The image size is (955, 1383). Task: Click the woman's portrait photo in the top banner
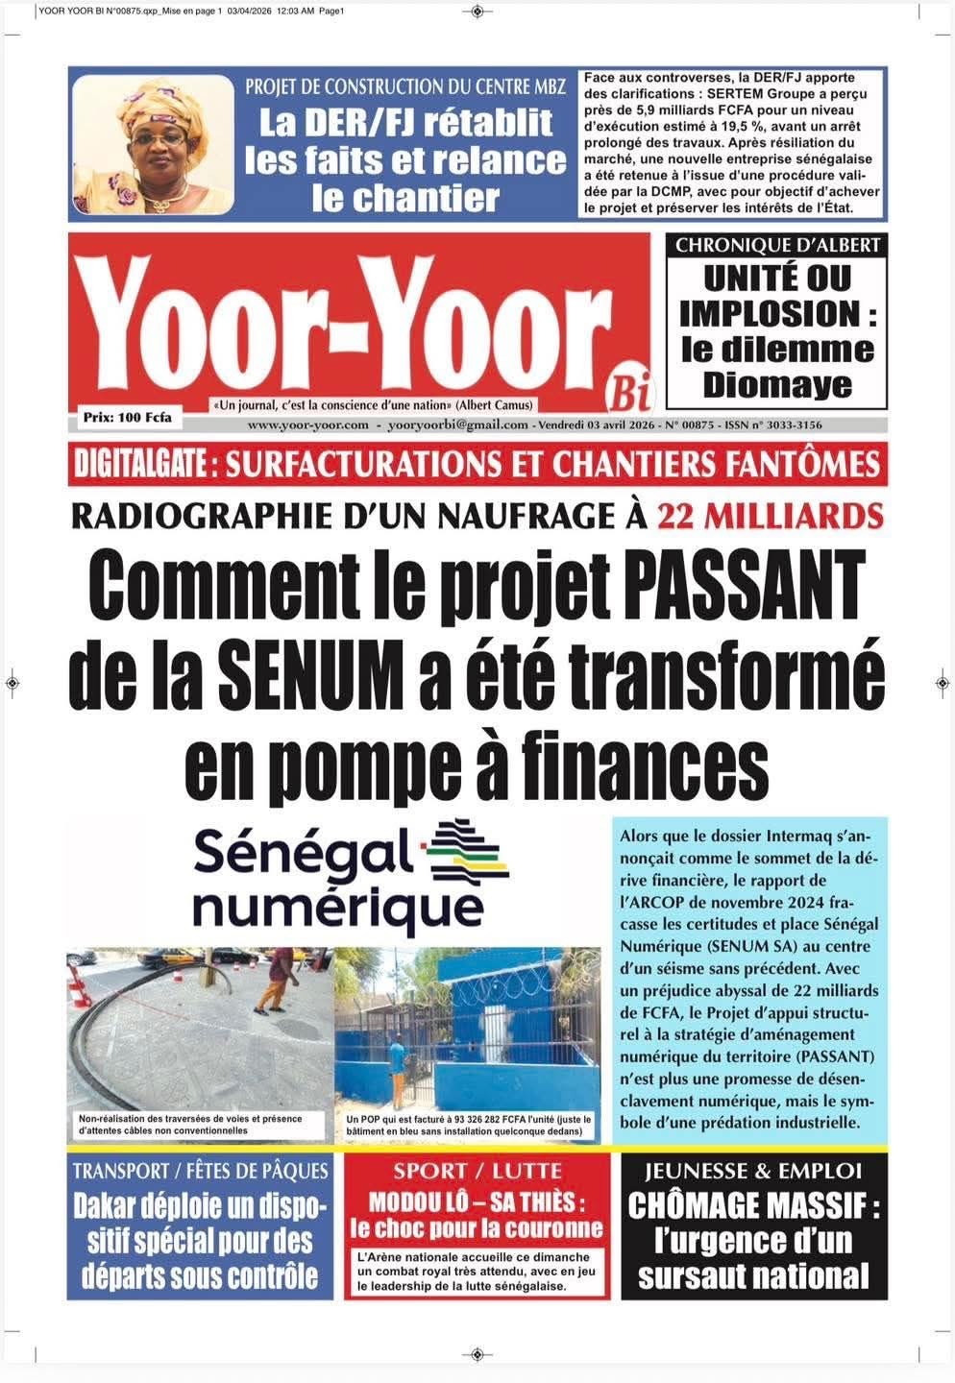(x=154, y=144)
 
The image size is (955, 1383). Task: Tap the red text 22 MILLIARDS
(x=770, y=517)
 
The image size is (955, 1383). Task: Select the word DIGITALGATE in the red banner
(x=141, y=465)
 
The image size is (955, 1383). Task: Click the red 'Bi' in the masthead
(x=629, y=392)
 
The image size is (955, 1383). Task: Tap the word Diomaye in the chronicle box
(x=777, y=384)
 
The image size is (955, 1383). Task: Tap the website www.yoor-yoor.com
(x=307, y=425)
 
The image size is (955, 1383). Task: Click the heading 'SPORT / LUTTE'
(x=477, y=1171)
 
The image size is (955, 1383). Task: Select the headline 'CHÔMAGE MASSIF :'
(x=754, y=1205)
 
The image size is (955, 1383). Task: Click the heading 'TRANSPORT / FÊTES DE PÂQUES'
(x=200, y=1171)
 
